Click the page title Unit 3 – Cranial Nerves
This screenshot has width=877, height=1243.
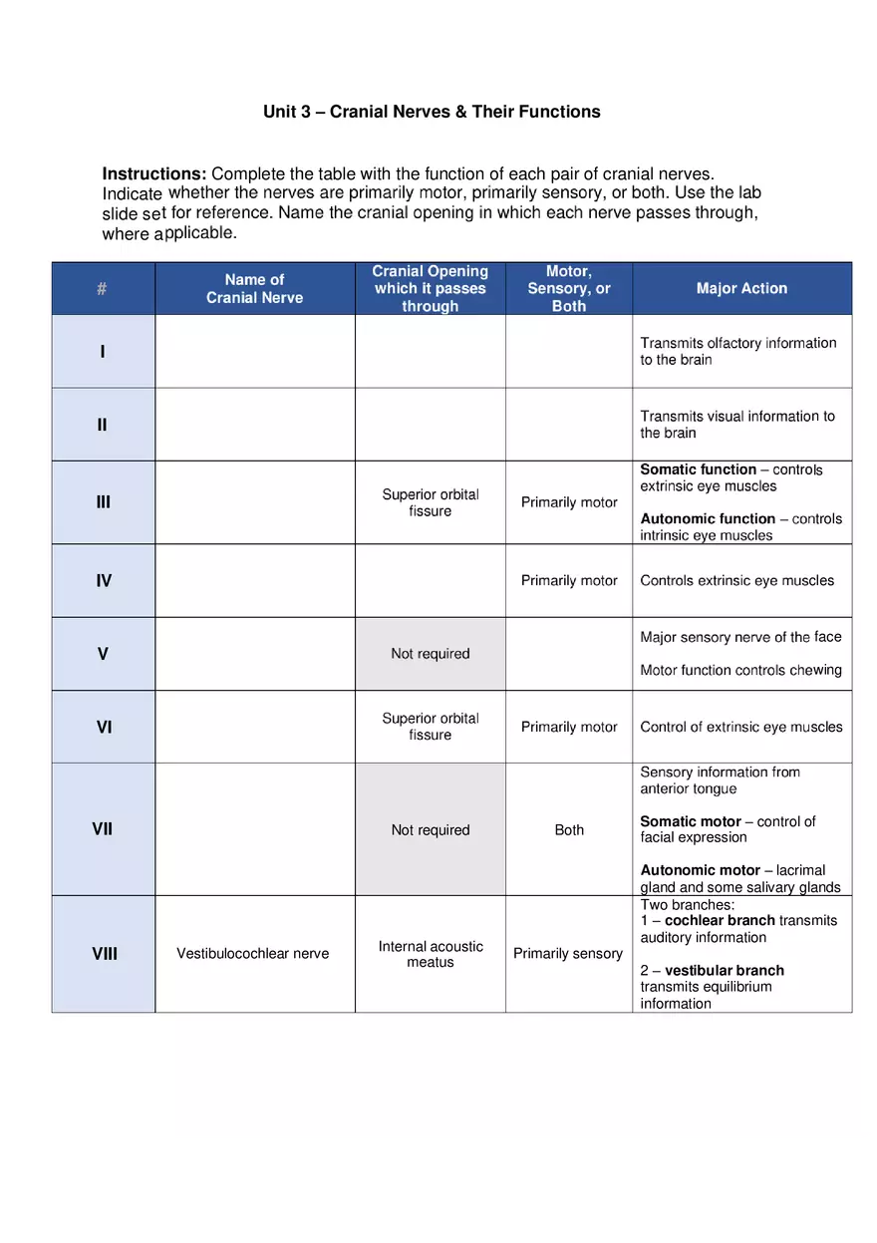432,112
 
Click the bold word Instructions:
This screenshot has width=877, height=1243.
153,173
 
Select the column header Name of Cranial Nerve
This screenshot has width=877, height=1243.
255,288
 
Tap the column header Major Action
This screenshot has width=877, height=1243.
741,288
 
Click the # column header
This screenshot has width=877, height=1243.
103,289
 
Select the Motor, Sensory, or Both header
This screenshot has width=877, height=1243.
568,288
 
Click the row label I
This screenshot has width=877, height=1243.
103,352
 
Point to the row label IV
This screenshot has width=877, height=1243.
103,580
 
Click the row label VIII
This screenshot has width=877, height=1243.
104,954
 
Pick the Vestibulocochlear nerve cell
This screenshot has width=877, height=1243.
253,954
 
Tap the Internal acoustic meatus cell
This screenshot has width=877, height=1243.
431,954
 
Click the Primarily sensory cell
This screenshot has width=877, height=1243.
568,954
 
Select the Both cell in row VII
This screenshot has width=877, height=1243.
569,829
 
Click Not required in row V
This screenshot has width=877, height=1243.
431,654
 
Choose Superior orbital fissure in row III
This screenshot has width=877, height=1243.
431,502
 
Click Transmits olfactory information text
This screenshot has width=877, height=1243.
737,344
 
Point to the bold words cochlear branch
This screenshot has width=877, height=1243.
720,920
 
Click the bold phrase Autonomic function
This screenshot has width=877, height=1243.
708,518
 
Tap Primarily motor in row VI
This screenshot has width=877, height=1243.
569,727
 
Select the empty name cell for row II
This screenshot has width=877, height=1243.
255,425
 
